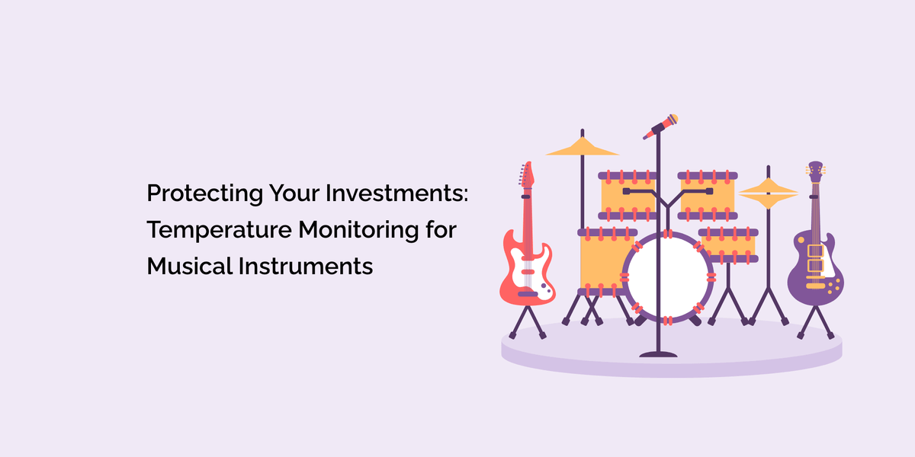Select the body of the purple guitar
point(815,267)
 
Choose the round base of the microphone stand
point(658,353)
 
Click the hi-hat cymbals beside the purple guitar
point(768,193)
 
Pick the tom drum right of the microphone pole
point(707,194)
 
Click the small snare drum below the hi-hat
point(728,244)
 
